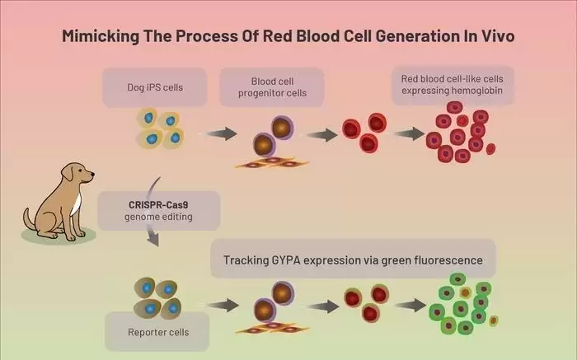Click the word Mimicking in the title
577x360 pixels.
100,36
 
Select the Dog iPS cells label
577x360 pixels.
155,87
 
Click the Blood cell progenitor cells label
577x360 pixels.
272,87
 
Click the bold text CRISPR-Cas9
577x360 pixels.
158,205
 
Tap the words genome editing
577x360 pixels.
158,217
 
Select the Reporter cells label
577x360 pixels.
158,332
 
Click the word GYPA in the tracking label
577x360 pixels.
286,260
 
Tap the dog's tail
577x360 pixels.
29,219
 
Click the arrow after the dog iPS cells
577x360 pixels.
222,133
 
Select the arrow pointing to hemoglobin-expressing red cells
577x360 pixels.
409,133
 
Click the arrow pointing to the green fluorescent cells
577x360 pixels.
410,305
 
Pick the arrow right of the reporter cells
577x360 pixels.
223,305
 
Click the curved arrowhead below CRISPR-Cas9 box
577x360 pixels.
153,239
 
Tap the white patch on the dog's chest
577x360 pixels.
76,204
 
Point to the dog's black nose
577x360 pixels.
92,174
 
